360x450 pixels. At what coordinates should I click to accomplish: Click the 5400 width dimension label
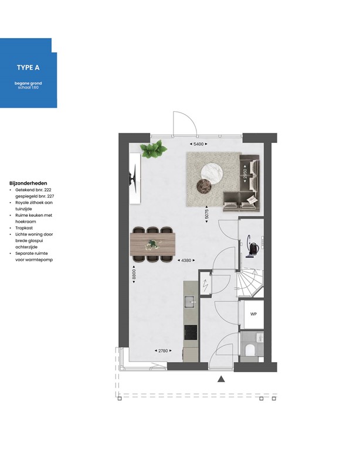[198, 144]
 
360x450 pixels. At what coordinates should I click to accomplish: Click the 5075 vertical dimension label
[206, 214]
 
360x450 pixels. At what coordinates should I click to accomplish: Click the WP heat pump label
[254, 315]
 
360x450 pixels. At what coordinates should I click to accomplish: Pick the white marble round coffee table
[212, 173]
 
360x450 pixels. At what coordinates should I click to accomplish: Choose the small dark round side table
[203, 187]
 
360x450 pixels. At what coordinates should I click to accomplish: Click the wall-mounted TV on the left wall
[134, 176]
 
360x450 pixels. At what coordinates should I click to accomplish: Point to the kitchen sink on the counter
[190, 302]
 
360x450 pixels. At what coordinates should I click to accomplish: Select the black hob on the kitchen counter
[190, 333]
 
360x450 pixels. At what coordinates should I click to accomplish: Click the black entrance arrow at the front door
[222, 379]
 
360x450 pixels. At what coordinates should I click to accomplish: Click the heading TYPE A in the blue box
[28, 67]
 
